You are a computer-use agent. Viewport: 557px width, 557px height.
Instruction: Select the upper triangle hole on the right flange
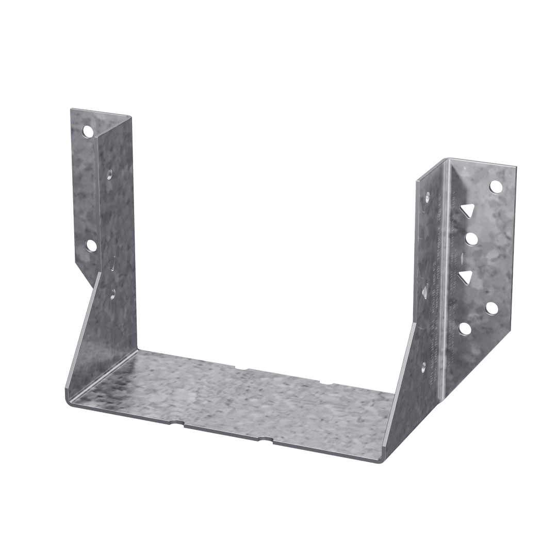[468, 210]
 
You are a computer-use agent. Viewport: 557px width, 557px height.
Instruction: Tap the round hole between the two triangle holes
[470, 238]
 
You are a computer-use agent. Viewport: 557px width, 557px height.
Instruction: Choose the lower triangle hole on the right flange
[467, 277]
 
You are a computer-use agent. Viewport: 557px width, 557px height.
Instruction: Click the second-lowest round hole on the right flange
[492, 308]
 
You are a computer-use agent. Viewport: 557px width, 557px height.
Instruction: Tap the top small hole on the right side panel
[428, 196]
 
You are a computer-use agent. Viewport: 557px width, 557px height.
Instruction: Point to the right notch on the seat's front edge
[266, 439]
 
